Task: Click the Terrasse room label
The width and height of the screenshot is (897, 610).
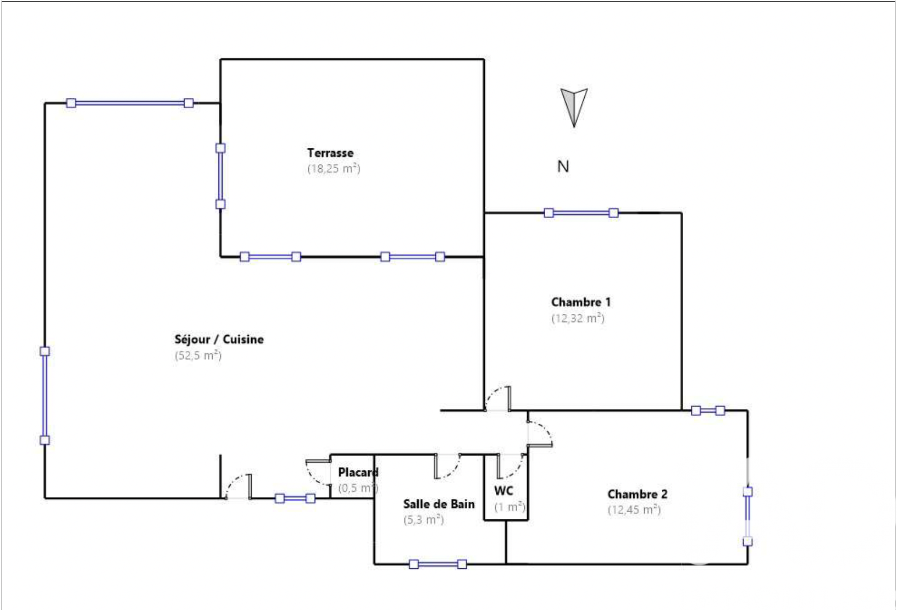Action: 330,153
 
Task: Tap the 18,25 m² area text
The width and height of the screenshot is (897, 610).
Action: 334,169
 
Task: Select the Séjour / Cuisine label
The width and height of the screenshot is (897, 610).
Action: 219,340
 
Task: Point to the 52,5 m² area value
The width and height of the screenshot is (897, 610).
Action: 198,356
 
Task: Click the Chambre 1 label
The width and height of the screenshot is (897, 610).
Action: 581,302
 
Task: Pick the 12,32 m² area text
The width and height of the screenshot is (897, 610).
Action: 578,318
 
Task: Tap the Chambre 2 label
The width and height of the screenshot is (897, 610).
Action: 637,494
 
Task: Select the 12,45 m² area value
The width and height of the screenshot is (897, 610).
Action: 634,510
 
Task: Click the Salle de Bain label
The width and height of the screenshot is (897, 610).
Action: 439,504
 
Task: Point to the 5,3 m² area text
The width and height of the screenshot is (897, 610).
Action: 423,520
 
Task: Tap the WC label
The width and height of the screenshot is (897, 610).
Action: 503,491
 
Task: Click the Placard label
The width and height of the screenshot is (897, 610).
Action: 358,472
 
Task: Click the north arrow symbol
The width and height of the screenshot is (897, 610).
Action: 574,106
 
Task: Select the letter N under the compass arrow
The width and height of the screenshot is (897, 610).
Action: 563,167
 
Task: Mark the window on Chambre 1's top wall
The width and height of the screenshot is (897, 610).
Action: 581,213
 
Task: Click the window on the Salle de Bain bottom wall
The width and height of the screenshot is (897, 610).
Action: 438,564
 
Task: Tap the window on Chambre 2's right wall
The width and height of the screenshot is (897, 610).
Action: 748,517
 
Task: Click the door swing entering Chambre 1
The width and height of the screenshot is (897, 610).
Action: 498,398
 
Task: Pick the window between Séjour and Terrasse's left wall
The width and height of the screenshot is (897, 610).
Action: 220,176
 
